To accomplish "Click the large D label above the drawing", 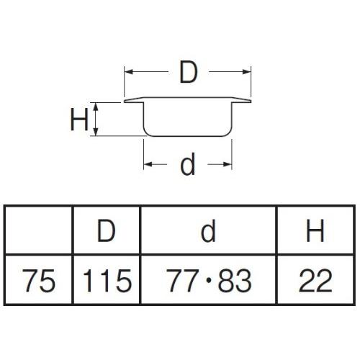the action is (189, 73).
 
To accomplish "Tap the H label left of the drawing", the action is (79, 120).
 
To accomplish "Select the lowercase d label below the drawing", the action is (188, 164).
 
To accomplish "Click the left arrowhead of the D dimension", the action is (128, 71).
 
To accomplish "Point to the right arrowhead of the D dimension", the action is (247, 71).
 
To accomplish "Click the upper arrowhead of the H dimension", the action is (96, 107).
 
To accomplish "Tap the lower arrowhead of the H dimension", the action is (96, 132).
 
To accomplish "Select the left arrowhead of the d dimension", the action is (148, 164).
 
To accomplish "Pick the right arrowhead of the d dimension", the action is (228, 164).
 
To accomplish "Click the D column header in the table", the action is (107, 230).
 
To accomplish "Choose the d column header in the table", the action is (208, 230).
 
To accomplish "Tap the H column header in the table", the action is (315, 230).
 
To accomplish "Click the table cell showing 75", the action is (38, 280).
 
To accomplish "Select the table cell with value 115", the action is (107, 280).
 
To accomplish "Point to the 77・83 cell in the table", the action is (208, 280).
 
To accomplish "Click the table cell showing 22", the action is (315, 280).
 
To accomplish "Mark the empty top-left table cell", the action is (38, 230).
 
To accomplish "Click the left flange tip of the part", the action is (125, 102).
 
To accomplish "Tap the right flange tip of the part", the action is (251, 102).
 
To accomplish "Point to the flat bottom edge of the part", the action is (188, 136).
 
